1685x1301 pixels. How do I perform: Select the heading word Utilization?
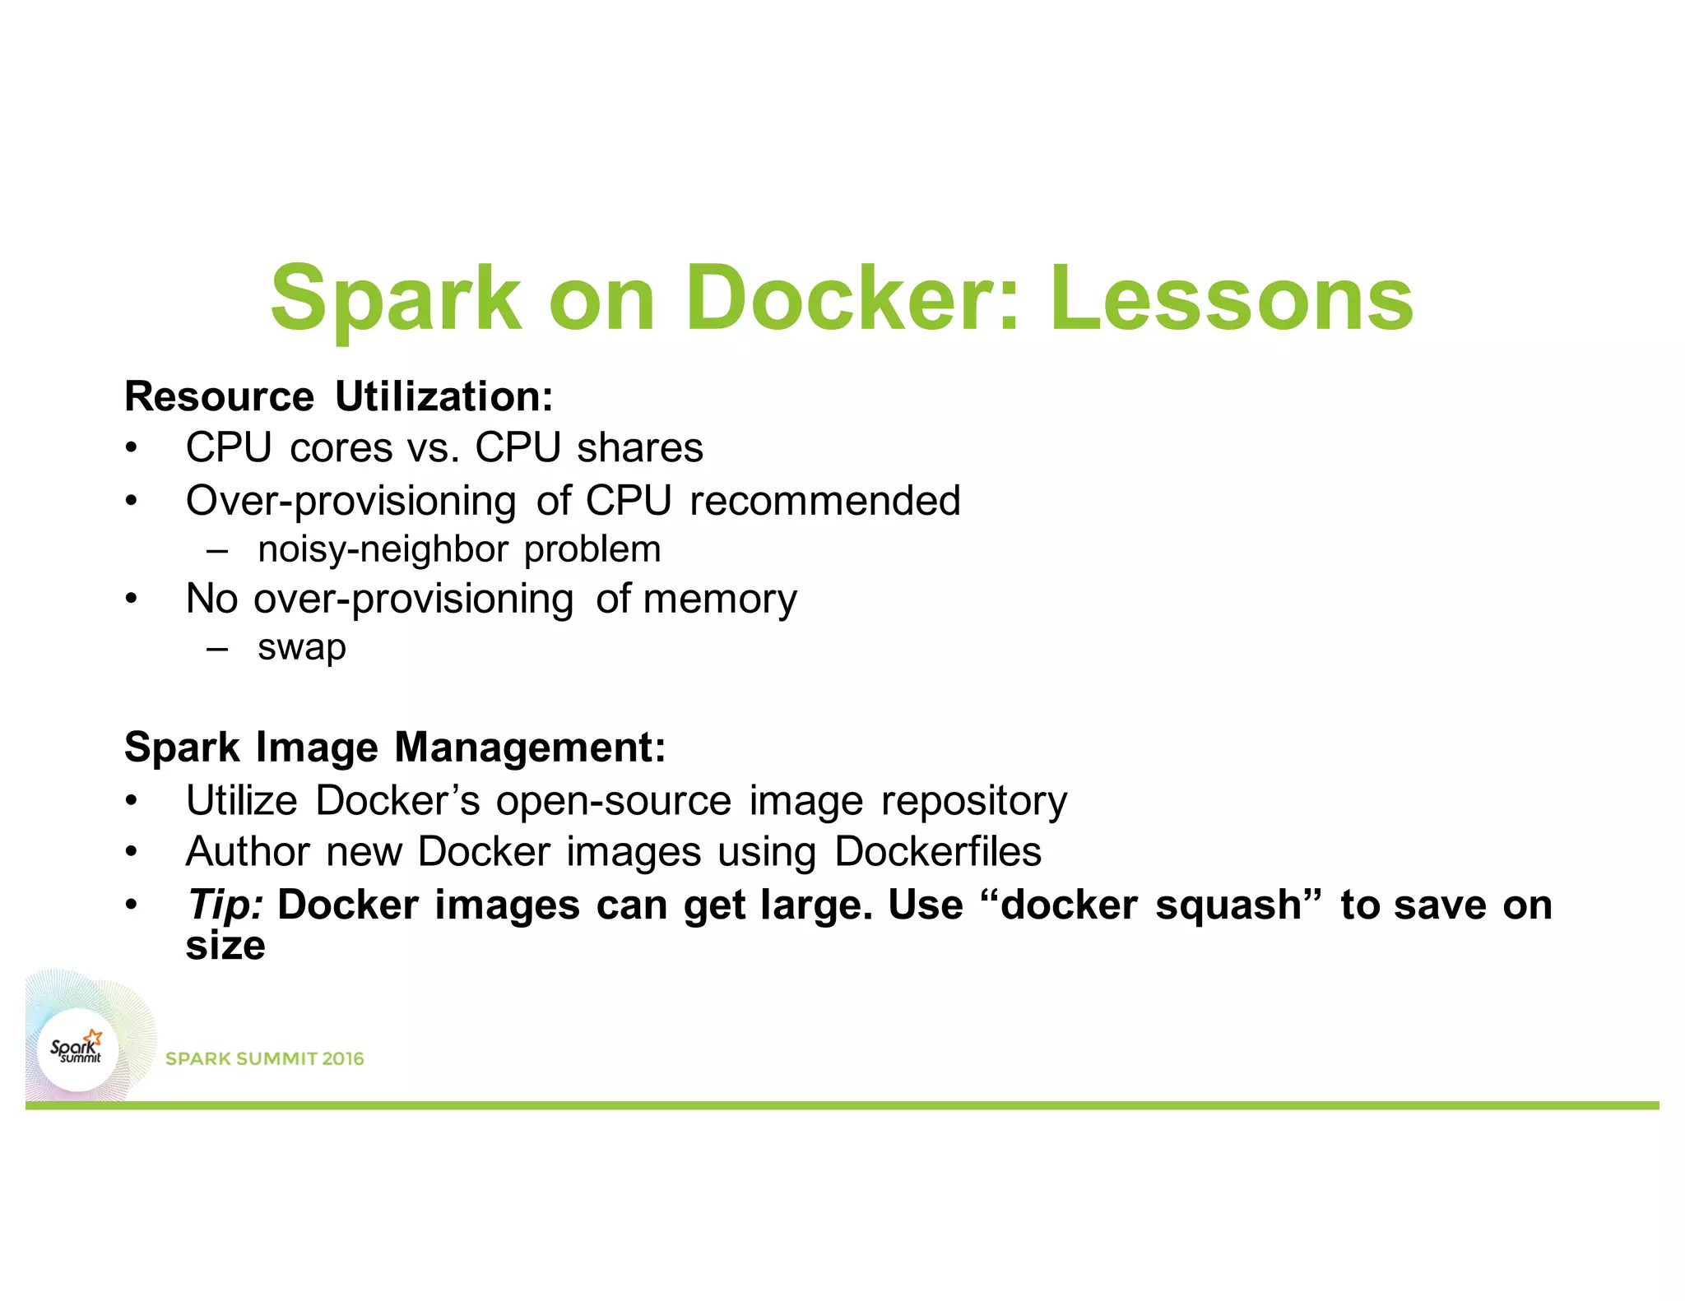pos(444,397)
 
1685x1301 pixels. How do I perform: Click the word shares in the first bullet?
pos(640,448)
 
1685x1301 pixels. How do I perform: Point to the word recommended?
pos(825,501)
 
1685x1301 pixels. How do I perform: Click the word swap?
pos(302,648)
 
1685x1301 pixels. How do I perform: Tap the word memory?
pos(720,599)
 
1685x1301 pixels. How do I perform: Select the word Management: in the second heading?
pos(530,748)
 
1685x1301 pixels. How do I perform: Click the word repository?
pos(974,801)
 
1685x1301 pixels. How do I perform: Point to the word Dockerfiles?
pos(938,852)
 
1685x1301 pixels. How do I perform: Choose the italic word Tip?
pos(225,905)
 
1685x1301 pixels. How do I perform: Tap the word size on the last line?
pos(225,946)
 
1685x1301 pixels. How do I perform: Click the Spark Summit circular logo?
pos(78,1050)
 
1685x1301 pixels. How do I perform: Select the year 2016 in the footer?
pos(343,1059)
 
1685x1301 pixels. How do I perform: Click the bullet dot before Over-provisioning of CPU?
pos(130,501)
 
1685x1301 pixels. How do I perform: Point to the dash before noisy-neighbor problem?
pos(217,550)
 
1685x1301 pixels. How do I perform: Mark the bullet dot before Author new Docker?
pos(130,853)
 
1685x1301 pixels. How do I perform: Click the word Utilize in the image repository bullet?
pos(241,801)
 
